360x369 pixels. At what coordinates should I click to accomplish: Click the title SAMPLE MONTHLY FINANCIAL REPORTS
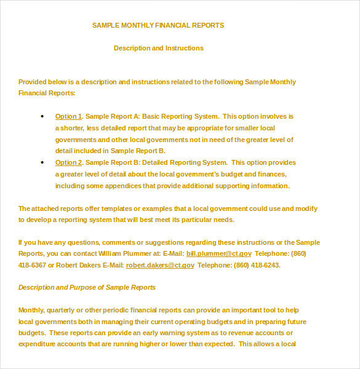(158, 25)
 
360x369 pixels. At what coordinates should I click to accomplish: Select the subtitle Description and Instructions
(159, 48)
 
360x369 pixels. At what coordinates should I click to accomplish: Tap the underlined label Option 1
(68, 116)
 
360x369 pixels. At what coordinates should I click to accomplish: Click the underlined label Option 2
(68, 162)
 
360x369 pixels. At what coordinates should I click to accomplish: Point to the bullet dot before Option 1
(42, 116)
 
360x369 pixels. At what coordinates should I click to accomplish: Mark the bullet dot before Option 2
(42, 162)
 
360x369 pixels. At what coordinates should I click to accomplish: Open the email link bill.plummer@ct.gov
(219, 253)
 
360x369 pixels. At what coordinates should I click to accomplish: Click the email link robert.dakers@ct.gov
(160, 265)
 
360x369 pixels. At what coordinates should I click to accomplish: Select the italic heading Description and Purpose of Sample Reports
(87, 287)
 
